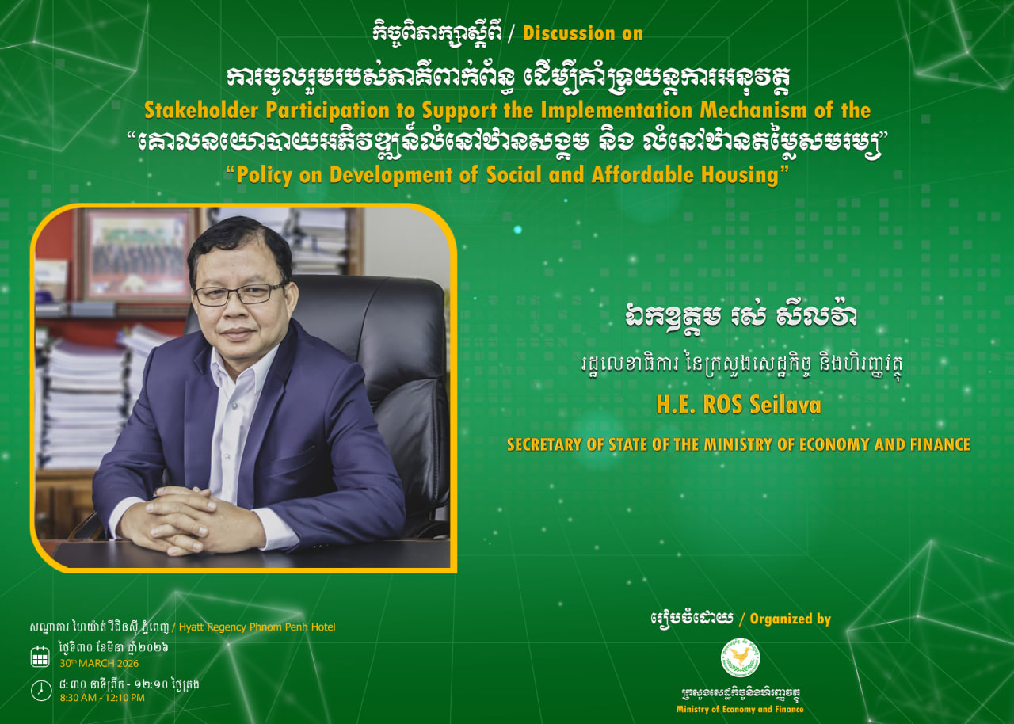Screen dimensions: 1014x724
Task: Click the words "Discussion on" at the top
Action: click(583, 33)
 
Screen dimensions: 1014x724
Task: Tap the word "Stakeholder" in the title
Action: click(201, 110)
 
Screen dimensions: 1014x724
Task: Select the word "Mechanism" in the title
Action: click(753, 110)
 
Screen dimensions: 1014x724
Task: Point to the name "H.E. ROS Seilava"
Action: click(738, 404)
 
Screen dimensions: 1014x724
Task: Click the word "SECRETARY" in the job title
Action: click(543, 444)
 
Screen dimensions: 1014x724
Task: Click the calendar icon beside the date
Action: click(40, 656)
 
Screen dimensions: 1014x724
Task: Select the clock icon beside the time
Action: click(40, 691)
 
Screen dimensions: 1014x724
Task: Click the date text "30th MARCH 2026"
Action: click(99, 663)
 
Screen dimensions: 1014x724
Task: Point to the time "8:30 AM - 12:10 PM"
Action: click(102, 698)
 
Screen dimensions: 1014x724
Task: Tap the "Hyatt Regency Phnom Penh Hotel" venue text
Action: click(257, 627)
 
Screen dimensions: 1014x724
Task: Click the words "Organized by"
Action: click(791, 619)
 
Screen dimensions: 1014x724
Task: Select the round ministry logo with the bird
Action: click(740, 658)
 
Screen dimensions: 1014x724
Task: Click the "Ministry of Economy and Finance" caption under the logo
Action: click(740, 709)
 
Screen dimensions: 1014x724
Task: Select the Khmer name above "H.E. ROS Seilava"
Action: click(740, 314)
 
